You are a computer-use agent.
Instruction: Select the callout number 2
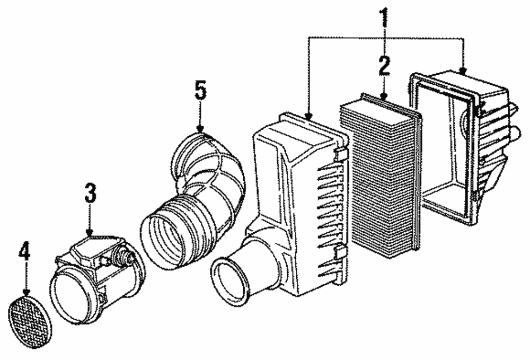tap(384, 66)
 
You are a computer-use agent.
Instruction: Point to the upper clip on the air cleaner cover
tap(341, 154)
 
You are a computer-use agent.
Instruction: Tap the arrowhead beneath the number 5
tap(200, 129)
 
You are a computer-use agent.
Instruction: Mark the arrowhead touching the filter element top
tap(384, 96)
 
